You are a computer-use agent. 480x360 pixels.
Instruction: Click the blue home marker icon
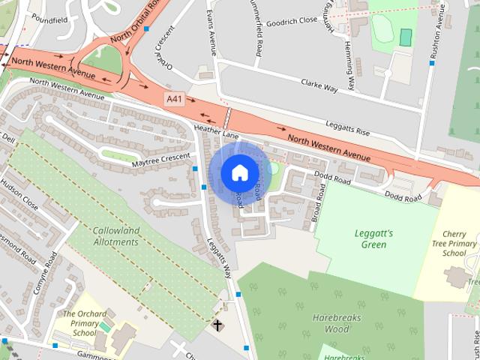tap(239, 172)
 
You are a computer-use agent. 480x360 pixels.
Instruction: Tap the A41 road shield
tap(174, 98)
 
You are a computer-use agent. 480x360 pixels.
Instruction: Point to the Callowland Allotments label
tap(116, 236)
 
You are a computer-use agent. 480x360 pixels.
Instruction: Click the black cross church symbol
tap(217, 325)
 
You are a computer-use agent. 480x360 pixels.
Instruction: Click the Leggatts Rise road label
tap(348, 128)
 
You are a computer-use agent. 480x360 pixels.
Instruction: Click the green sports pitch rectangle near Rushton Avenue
tap(406, 37)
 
